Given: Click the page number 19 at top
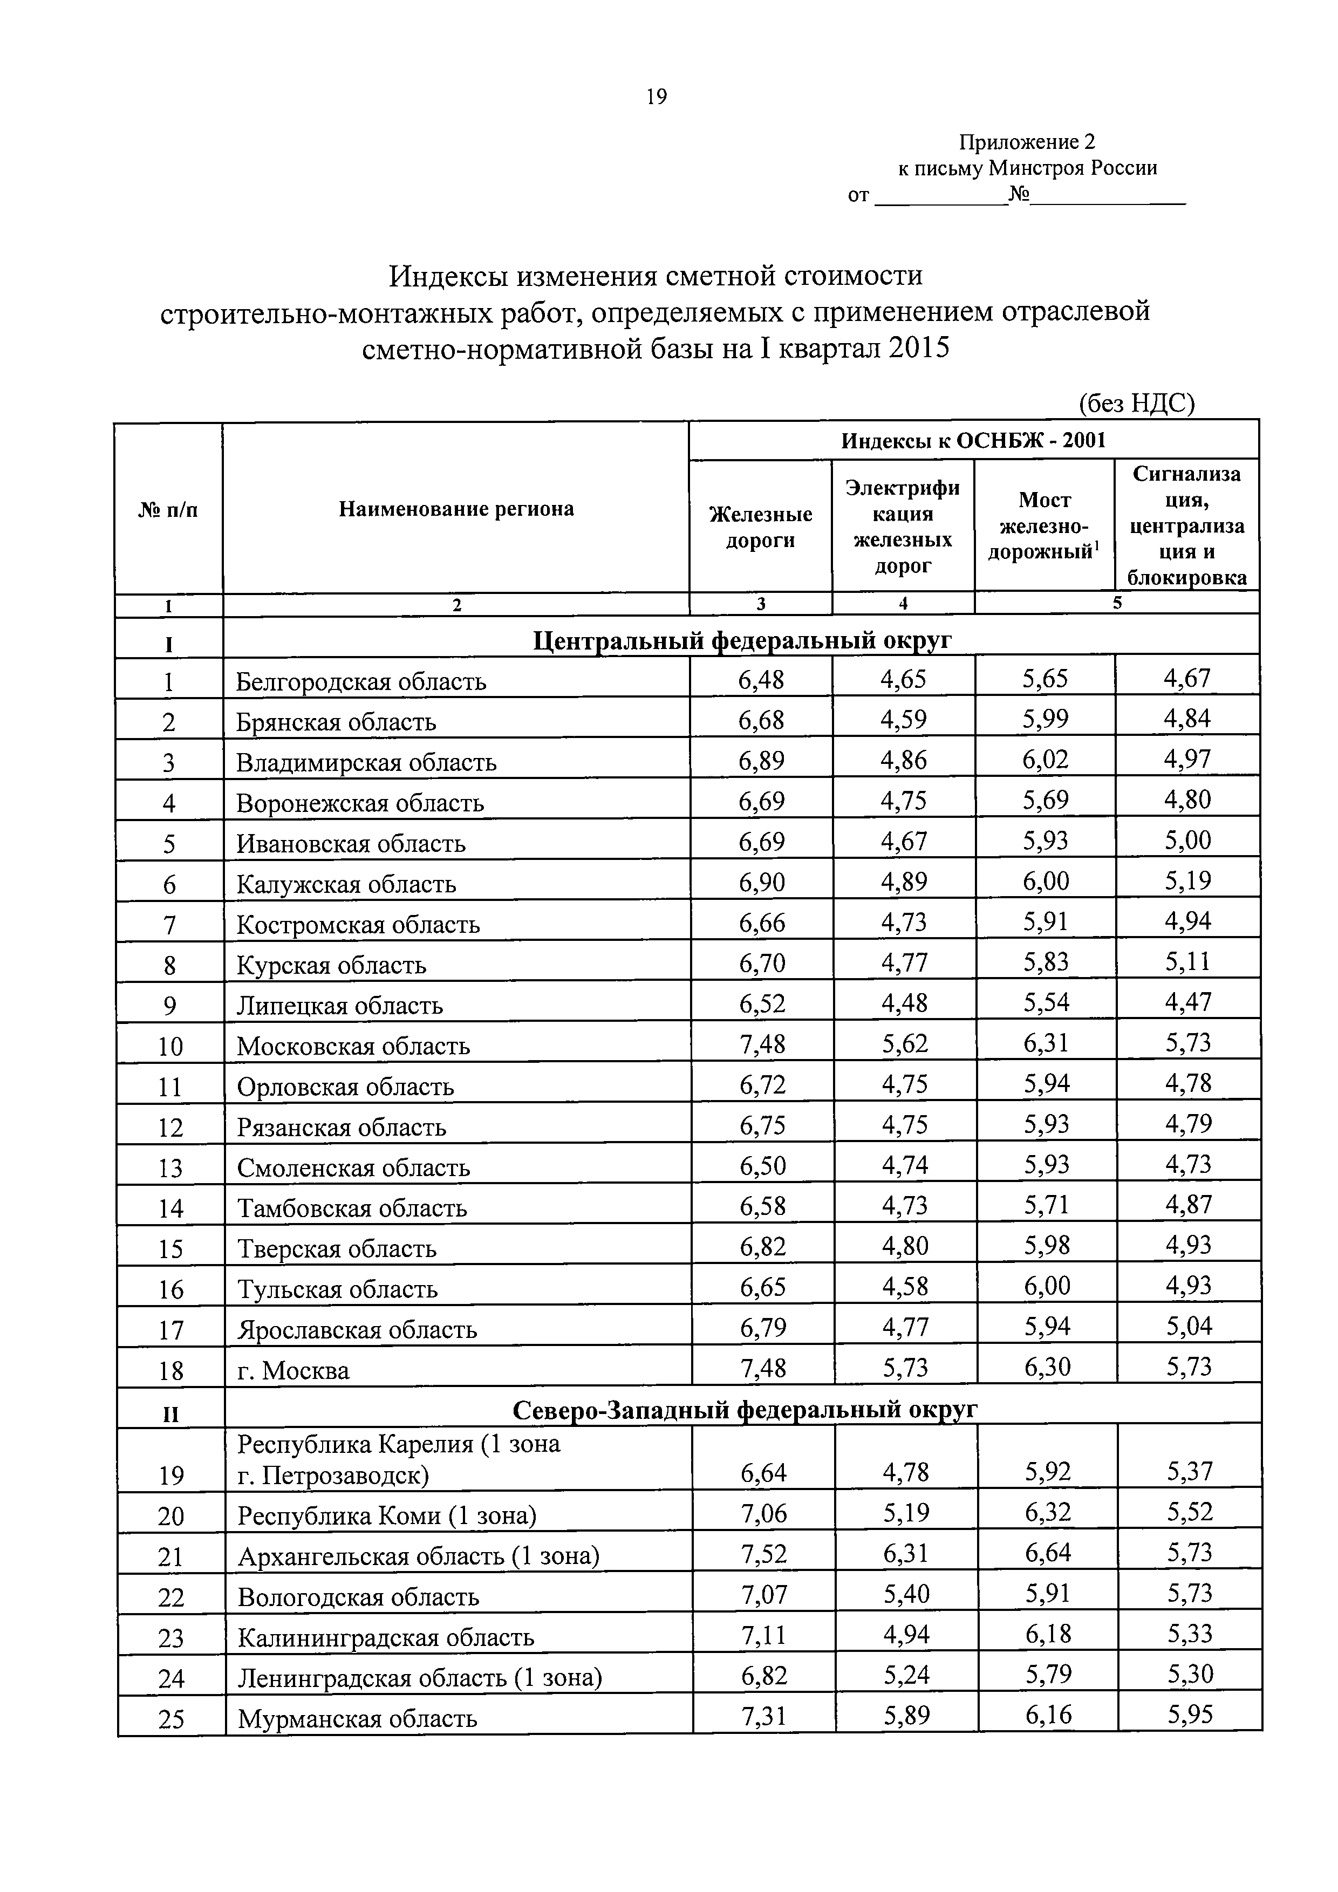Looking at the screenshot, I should [656, 97].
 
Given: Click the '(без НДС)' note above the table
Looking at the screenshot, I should [1136, 403].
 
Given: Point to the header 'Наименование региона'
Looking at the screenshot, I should [455, 508].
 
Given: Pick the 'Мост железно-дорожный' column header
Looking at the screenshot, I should [1044, 526].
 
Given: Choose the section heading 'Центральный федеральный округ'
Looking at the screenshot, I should [741, 639].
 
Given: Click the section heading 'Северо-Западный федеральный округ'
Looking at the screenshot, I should [744, 1410].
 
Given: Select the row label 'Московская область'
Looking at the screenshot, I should [353, 1046].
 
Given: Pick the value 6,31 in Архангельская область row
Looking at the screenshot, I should [905, 1553].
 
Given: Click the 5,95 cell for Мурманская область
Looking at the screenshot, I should [1189, 1715].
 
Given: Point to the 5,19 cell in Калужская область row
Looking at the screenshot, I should [1187, 882].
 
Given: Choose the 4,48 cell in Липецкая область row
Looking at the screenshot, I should [904, 1003].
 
